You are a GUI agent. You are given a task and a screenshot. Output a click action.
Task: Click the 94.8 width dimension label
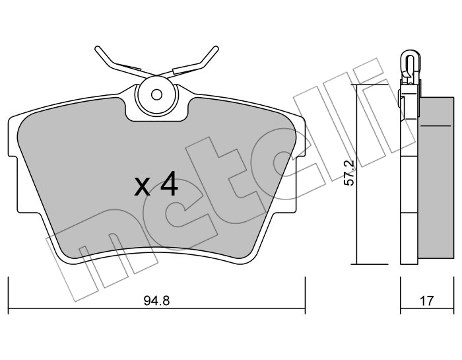click(x=157, y=301)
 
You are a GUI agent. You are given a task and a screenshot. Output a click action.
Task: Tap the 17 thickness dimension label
click(x=427, y=301)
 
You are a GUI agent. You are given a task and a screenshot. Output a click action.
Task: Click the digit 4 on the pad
click(x=170, y=184)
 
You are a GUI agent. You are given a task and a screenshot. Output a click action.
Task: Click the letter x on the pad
click(x=142, y=187)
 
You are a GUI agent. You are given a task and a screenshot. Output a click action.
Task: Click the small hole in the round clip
click(x=156, y=94)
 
